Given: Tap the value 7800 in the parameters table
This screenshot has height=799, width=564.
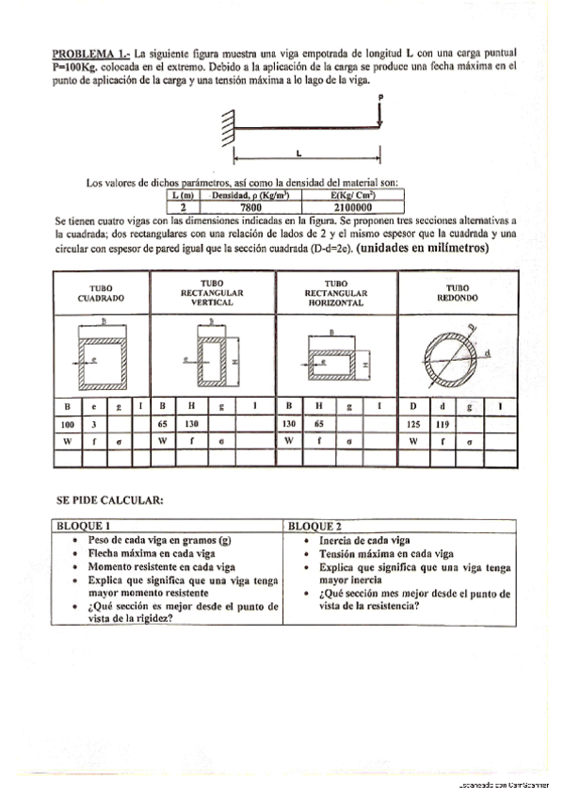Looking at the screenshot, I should tap(250, 207).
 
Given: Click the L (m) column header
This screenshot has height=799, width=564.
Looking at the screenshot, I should tap(184, 195).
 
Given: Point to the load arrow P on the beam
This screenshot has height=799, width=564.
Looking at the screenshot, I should tap(380, 111).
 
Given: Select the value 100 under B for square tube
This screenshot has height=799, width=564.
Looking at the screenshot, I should tap(65, 424).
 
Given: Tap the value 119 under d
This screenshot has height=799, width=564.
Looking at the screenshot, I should tap(443, 424).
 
